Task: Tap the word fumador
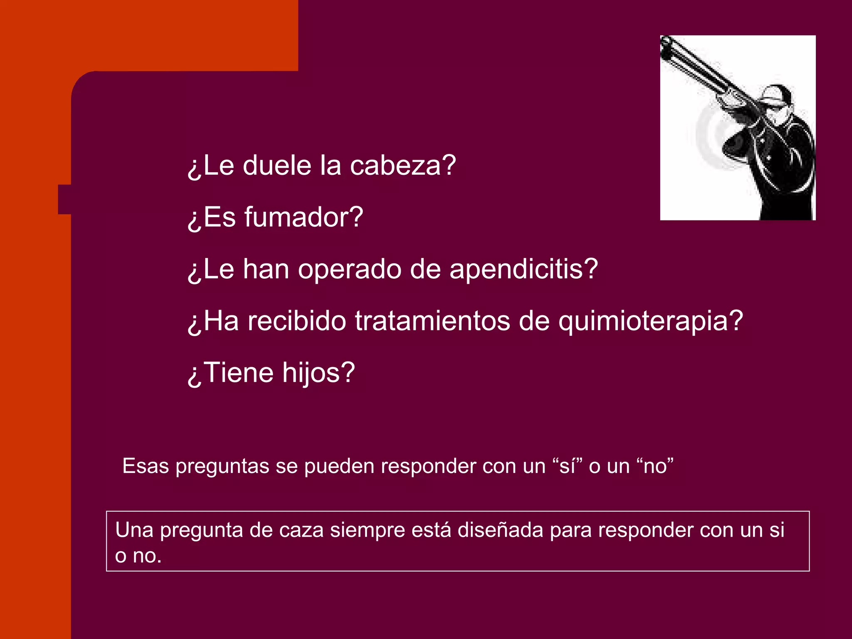pyautogui.click(x=303, y=217)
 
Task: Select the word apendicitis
pyautogui.click(x=523, y=269)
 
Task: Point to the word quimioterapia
pyautogui.click(x=650, y=321)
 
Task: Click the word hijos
pyautogui.click(x=318, y=373)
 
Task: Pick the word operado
pyautogui.click(x=349, y=269)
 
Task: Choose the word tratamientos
pyautogui.click(x=432, y=321)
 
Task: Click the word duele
pyautogui.click(x=277, y=166)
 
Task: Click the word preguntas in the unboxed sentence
pyautogui.click(x=222, y=466)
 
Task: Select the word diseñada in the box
pyautogui.click(x=502, y=530)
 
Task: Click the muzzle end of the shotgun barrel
pyautogui.click(x=666, y=42)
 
